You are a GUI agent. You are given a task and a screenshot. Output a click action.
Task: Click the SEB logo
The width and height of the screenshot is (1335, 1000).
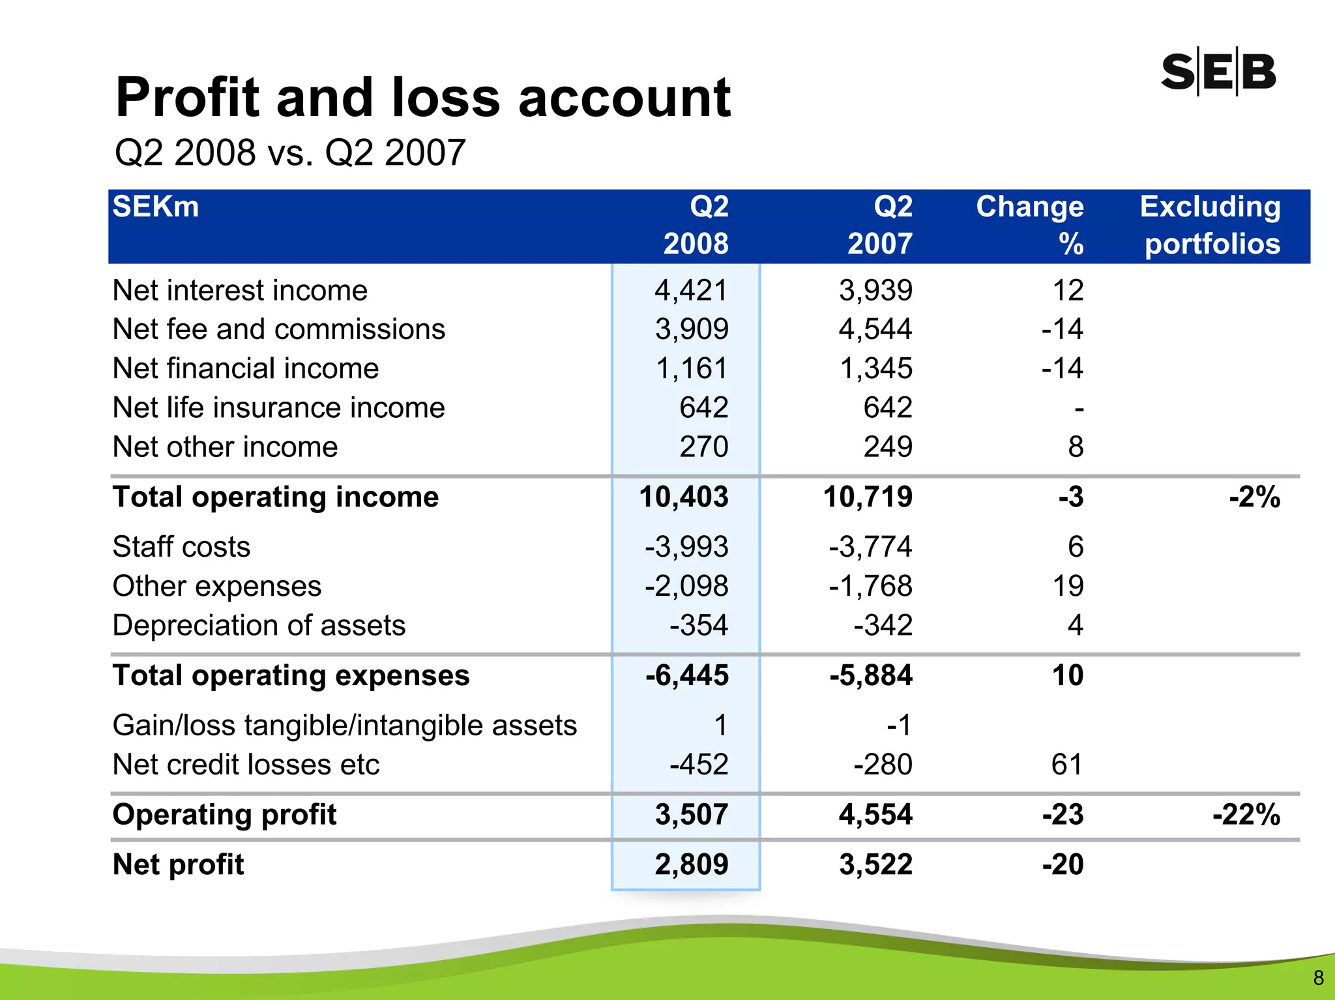[1218, 71]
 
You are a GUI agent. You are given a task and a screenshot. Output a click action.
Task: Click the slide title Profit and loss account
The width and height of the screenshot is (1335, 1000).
[423, 98]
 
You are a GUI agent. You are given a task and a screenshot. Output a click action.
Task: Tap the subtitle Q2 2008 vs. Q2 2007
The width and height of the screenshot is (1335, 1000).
[289, 153]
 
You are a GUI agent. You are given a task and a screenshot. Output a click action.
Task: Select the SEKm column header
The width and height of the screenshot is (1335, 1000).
[156, 207]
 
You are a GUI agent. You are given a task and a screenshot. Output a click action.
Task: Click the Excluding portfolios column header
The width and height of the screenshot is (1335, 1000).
[1211, 226]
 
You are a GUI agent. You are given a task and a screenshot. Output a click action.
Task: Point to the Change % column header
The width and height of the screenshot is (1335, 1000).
[1030, 226]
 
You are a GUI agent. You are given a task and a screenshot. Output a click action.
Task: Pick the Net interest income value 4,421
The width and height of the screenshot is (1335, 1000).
[691, 291]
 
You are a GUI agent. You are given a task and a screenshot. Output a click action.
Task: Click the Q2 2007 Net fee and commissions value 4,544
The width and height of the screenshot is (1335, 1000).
[875, 329]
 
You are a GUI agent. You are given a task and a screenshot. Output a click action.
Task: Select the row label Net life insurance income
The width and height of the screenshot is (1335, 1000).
[278, 408]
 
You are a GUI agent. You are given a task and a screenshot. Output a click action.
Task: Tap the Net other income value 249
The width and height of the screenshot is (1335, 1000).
[888, 447]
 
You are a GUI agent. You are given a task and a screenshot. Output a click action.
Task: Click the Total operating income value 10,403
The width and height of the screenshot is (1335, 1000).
[684, 497]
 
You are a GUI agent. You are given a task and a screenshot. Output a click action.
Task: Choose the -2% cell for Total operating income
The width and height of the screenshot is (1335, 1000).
[1254, 497]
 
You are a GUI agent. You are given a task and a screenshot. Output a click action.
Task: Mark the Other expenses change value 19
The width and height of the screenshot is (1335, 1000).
[1068, 586]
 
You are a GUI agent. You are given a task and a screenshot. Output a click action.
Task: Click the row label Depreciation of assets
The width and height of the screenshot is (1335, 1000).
[259, 626]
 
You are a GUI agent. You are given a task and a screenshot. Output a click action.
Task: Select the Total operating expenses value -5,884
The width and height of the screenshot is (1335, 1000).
[871, 675]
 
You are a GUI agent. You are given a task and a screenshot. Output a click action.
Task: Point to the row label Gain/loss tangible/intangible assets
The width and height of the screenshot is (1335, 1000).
[344, 726]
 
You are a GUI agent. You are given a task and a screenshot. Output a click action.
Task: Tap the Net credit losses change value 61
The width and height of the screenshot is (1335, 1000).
[1067, 765]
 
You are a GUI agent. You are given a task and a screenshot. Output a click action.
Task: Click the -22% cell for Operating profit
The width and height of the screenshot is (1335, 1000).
[1246, 815]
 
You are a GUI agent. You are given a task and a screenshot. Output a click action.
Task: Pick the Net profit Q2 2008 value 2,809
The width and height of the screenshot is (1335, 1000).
[691, 865]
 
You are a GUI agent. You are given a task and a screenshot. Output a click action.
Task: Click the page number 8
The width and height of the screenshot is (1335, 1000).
[1318, 978]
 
